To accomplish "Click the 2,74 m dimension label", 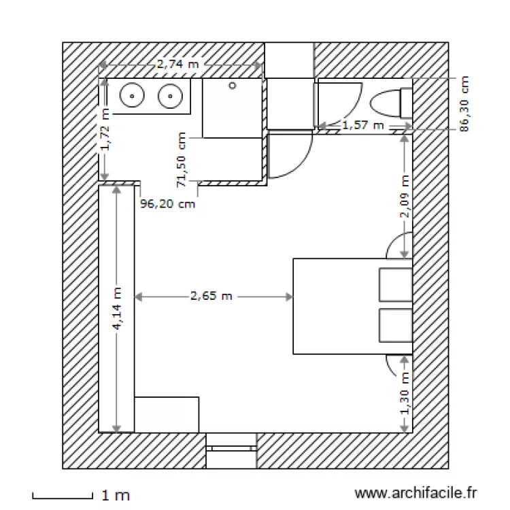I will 178,65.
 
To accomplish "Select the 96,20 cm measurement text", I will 167,203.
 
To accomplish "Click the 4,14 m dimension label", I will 118,308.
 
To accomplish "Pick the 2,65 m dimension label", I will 211,296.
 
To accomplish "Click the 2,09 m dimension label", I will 405,197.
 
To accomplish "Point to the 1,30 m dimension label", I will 405,394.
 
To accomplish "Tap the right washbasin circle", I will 168,97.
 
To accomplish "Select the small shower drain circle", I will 233,86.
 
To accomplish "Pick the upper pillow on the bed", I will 394,284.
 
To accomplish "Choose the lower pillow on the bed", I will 394,327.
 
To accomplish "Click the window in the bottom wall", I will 231,449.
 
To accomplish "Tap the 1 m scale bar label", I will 116,496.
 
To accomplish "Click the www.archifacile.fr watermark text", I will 417,493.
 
